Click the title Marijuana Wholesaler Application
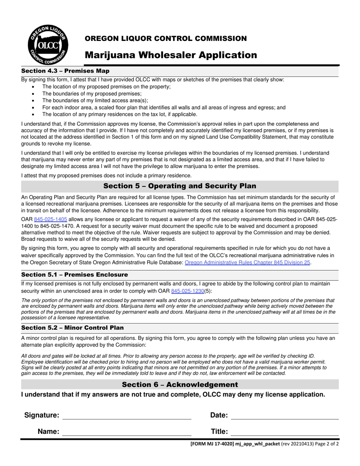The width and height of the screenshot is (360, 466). [171, 55]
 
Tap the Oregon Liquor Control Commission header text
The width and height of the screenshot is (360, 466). [166, 38]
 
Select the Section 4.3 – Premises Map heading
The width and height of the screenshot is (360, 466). [65, 71]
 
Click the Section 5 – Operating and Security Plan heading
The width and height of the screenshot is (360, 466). [180, 186]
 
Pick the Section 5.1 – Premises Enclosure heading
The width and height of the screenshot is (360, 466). [75, 275]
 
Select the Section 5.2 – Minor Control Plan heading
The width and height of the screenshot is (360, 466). [72, 328]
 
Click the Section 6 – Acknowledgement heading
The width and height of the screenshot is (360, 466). [180, 385]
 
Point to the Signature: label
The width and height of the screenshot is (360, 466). [42, 415]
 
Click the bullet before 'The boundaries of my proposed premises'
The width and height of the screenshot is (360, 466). [34, 94]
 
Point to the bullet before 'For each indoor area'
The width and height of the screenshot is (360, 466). [34, 108]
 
